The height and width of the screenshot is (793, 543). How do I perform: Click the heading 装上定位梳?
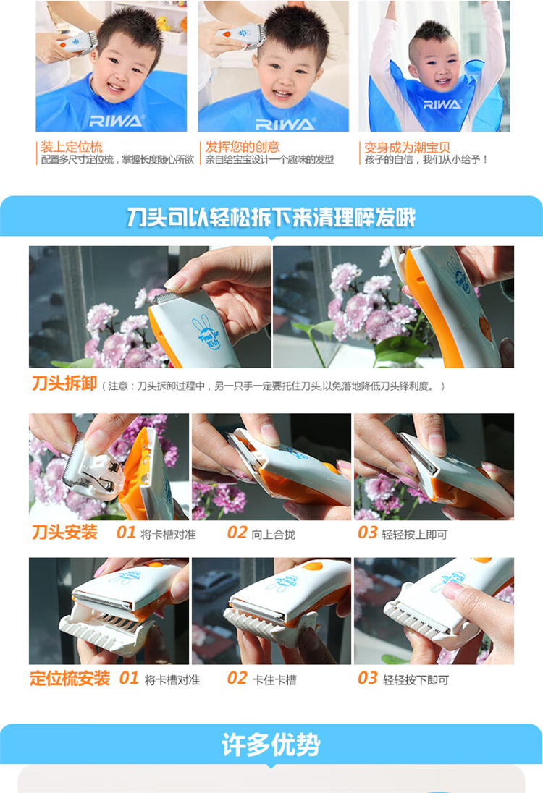72,147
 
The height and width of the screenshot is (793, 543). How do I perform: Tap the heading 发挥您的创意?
243,147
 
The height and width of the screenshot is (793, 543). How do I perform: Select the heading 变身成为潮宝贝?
408,148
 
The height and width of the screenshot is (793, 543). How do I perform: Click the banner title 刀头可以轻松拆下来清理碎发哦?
271,218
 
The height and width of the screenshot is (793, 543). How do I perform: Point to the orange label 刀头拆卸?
64,383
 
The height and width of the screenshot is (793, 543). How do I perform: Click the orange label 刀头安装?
64,532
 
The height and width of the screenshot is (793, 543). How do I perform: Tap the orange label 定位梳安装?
70,678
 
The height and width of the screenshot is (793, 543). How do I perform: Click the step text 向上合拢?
273,535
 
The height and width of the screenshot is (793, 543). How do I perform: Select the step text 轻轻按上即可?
414,535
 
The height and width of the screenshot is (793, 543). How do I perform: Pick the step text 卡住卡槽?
274,680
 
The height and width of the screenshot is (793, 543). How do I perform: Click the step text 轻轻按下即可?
416,680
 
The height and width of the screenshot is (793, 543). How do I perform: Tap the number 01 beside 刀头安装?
126,533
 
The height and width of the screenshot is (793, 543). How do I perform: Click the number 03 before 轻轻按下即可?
367,678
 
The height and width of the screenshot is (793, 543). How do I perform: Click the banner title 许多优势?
271,745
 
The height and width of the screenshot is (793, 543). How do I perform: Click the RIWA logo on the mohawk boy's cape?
442,104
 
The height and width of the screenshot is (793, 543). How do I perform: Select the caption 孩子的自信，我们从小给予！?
426,160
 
